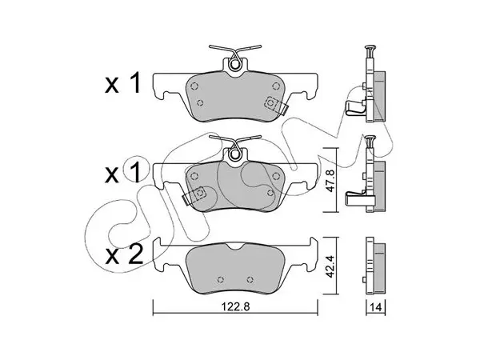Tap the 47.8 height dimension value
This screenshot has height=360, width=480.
pos(330,181)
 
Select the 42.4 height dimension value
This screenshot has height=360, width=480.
pos(330,266)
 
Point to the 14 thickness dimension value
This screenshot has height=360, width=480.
pos(376,307)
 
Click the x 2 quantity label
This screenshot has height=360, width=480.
pos(124,256)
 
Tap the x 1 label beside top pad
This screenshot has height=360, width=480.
pos(122,83)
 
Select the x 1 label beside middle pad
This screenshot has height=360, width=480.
pos(122,173)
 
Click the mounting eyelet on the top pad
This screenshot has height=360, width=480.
pos(235,65)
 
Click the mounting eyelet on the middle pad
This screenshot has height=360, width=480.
pos(235,154)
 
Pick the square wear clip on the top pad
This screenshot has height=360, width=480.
pos(274,105)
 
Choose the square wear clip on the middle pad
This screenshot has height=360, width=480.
pos(195,194)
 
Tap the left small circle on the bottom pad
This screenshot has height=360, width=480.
pos(221,279)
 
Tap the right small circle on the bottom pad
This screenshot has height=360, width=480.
pos(250,279)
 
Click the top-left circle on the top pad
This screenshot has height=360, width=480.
pos(194,86)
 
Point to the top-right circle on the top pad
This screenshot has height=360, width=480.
pos(276,86)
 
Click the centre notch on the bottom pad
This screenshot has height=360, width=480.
pos(235,245)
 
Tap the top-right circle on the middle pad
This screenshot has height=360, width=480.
pos(276,176)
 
